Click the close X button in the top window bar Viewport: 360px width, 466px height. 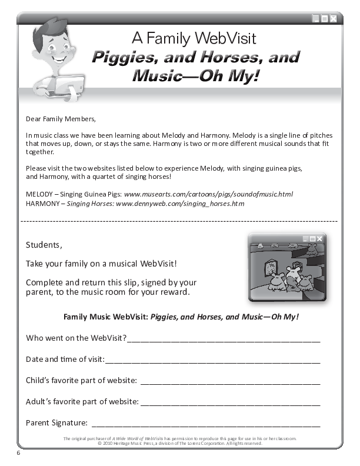pos(334,19)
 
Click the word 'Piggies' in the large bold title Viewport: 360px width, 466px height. pos(125,58)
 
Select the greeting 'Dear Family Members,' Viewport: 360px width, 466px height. pos(61,119)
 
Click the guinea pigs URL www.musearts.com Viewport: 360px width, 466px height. pos(208,194)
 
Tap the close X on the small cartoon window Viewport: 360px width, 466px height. pos(320,238)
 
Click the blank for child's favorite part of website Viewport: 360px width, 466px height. pos(230,381)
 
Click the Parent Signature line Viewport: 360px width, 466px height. pos(206,423)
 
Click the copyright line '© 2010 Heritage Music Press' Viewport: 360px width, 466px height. pos(179,443)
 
